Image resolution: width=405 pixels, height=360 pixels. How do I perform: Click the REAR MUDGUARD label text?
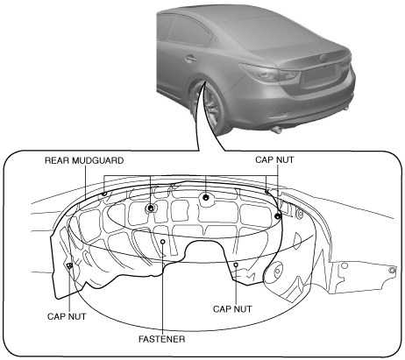(84, 160)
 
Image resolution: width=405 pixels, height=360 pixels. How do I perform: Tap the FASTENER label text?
(161, 339)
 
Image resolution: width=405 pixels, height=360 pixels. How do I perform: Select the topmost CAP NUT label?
(274, 160)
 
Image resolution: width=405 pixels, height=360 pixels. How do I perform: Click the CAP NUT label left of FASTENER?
(67, 316)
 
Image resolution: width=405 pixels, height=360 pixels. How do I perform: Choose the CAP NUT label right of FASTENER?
(232, 309)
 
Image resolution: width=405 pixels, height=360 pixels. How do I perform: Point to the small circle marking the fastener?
(163, 242)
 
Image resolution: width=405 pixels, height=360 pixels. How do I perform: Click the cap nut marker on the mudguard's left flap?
(69, 265)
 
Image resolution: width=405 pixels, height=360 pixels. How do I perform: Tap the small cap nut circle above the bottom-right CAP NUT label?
(236, 265)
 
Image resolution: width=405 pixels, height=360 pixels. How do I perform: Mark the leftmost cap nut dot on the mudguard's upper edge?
(104, 194)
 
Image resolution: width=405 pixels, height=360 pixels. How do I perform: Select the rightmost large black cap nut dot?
(278, 216)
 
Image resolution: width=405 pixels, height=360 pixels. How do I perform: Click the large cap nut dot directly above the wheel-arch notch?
(206, 197)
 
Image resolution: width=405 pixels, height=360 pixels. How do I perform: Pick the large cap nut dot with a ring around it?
(151, 208)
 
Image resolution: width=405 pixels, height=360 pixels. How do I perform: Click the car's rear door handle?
(190, 60)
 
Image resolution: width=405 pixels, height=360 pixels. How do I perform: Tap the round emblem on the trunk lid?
(323, 58)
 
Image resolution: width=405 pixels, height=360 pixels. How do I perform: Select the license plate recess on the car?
(319, 74)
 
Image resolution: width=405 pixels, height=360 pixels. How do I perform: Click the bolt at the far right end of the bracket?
(393, 271)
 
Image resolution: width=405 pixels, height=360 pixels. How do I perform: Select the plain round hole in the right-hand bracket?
(345, 265)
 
